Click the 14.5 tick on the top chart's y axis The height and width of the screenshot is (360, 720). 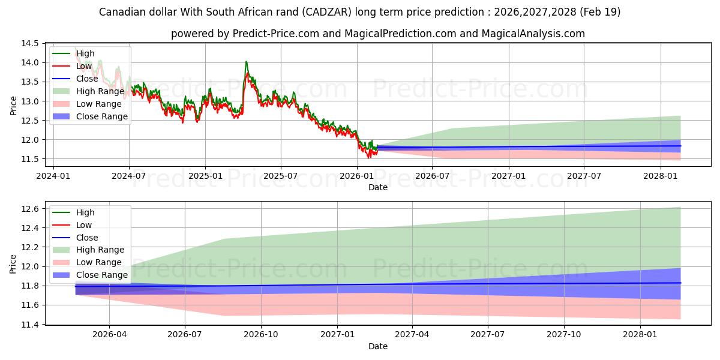(30, 43)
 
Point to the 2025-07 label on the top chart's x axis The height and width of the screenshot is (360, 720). (281, 176)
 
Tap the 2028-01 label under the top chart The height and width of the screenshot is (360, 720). (660, 176)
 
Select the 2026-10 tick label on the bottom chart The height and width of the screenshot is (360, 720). (260, 335)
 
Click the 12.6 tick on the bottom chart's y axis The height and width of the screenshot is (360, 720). (30, 209)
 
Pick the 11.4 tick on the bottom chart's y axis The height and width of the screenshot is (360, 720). (30, 325)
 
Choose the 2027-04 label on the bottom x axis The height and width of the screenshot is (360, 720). (412, 335)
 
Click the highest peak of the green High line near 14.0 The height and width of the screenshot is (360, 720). (246, 61)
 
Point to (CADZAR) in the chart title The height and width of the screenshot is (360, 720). (326, 12)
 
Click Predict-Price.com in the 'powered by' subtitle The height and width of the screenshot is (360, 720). (276, 34)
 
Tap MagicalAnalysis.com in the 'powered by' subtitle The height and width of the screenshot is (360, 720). (533, 34)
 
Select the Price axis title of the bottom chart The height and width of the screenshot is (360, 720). (13, 264)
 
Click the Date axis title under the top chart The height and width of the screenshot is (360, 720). (378, 187)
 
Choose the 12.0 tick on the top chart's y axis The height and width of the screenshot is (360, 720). (30, 140)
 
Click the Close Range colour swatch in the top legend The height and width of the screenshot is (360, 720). (61, 116)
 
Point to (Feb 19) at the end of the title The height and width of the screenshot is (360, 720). (600, 12)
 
